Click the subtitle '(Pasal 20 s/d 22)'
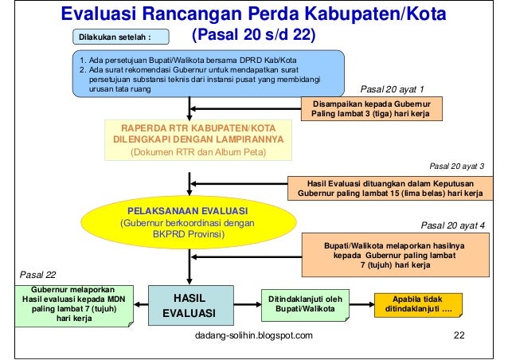pos(254,37)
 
